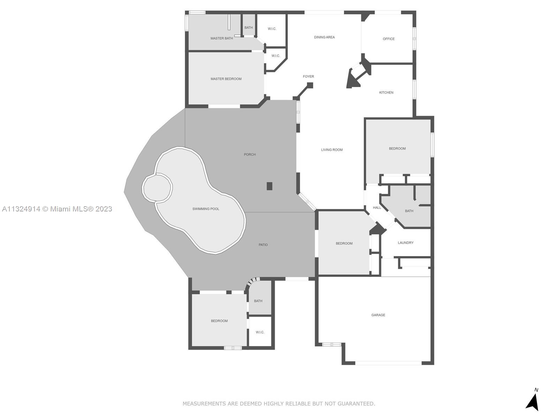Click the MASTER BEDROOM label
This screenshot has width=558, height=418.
click(x=226, y=79)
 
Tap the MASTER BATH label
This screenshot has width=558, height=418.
click(x=222, y=38)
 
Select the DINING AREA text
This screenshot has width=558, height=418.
click(x=324, y=37)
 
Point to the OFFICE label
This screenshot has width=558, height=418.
click(x=389, y=39)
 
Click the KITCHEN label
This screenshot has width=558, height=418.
click(x=386, y=92)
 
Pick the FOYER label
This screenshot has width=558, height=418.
click(x=308, y=76)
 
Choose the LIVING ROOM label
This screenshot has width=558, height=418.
click(x=332, y=150)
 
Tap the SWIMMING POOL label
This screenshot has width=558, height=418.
click(x=206, y=209)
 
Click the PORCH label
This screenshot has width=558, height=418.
click(x=250, y=154)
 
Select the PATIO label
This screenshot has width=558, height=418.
click(x=263, y=245)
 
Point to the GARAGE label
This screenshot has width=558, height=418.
click(x=378, y=315)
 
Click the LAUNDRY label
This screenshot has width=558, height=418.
click(x=406, y=243)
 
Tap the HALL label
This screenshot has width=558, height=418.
click(x=377, y=208)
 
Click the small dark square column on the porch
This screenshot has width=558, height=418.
click(x=270, y=186)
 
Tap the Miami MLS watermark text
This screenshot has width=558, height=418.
click(x=57, y=209)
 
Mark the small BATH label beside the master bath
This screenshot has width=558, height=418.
click(x=249, y=28)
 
